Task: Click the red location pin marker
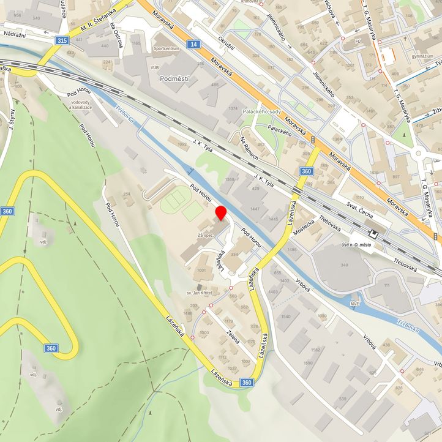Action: coord(221,214)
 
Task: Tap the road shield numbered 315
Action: coord(61,40)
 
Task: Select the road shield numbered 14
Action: coord(193,44)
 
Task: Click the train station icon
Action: coord(373,233)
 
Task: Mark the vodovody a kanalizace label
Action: coord(81,105)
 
